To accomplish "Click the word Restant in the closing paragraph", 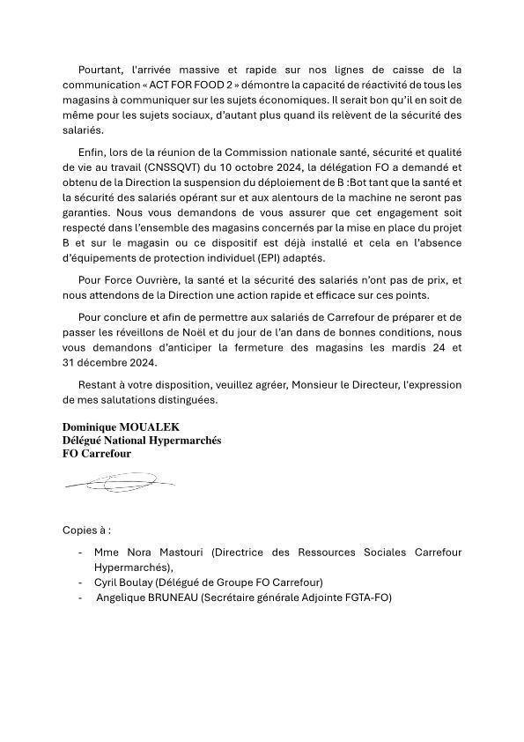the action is [x=100, y=384].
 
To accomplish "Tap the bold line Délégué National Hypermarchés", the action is [x=142, y=441].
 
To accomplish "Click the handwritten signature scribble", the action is [x=119, y=483].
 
